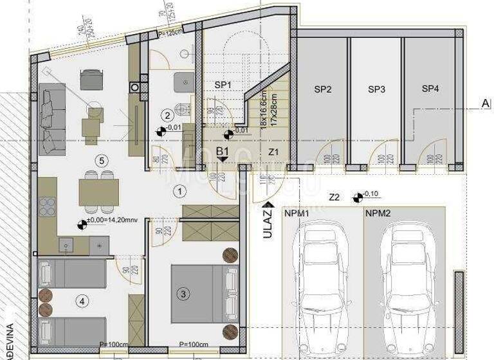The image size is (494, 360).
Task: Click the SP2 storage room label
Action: [322, 89]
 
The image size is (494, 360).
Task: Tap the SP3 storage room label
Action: [376, 89]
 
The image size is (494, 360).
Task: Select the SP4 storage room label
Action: [430, 89]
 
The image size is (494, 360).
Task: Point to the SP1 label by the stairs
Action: [223, 84]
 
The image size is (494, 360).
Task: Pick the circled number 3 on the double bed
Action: [183, 294]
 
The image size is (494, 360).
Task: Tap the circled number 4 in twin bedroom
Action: [82, 300]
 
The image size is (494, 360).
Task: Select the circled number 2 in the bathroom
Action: [167, 116]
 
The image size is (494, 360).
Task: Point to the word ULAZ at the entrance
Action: [267, 227]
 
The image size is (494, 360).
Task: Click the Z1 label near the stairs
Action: [273, 152]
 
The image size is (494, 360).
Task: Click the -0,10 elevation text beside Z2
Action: [371, 194]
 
